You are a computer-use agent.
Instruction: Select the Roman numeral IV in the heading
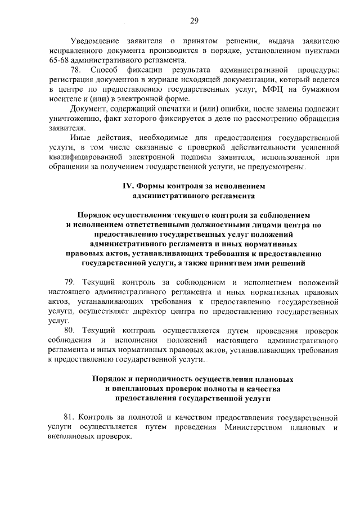(127, 186)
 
